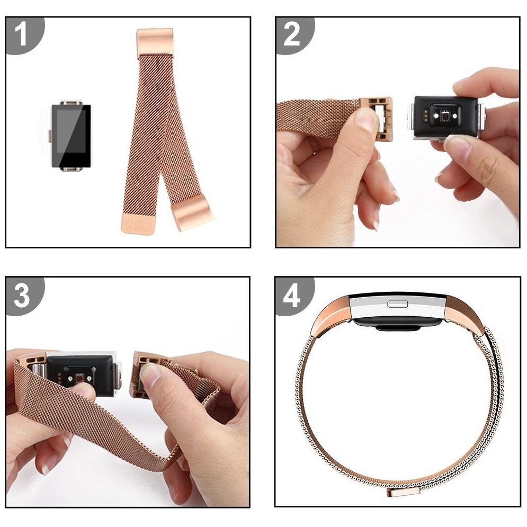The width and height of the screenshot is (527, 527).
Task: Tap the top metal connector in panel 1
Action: pos(70,102)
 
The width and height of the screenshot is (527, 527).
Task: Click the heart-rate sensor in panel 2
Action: pos(445,117)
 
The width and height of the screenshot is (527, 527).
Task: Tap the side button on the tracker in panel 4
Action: pos(398,304)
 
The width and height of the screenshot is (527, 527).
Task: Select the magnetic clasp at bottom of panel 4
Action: pos(403,493)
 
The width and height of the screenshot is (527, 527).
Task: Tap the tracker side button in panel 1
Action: pos(50,136)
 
